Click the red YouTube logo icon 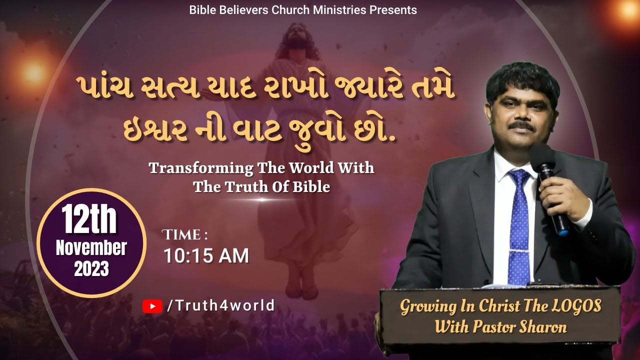pos(152,306)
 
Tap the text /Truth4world pos(220,305)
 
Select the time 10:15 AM pos(206,256)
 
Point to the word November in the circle pos(91,248)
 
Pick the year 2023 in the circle pos(91,269)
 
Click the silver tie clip pos(520,250)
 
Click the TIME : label pos(185,234)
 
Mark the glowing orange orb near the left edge pos(34,72)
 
